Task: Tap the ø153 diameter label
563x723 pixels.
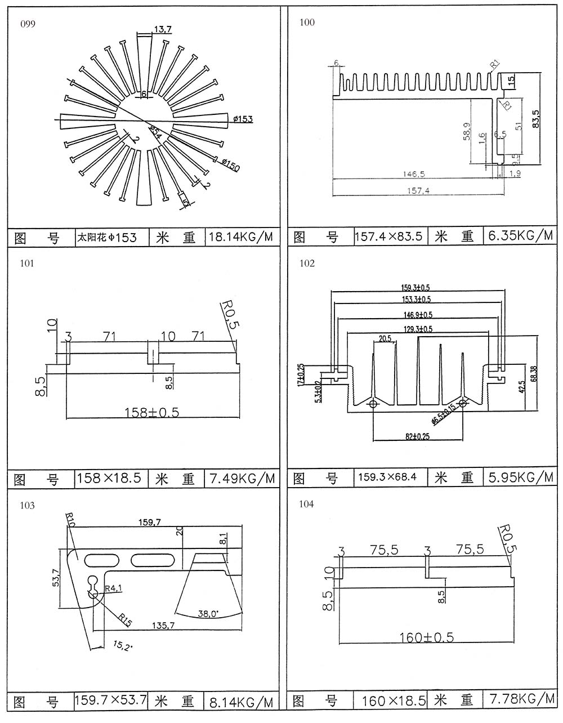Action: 242,119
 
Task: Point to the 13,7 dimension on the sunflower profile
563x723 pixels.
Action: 162,29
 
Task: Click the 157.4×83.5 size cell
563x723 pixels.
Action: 389,236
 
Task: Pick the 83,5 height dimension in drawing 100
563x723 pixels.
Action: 535,119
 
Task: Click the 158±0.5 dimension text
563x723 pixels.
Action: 151,412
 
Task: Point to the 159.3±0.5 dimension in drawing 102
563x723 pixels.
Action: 417,288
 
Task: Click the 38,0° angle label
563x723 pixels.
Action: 209,613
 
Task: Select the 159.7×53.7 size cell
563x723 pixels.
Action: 111,700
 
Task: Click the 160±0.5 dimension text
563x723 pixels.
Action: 426,637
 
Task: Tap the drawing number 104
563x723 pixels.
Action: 307,504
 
